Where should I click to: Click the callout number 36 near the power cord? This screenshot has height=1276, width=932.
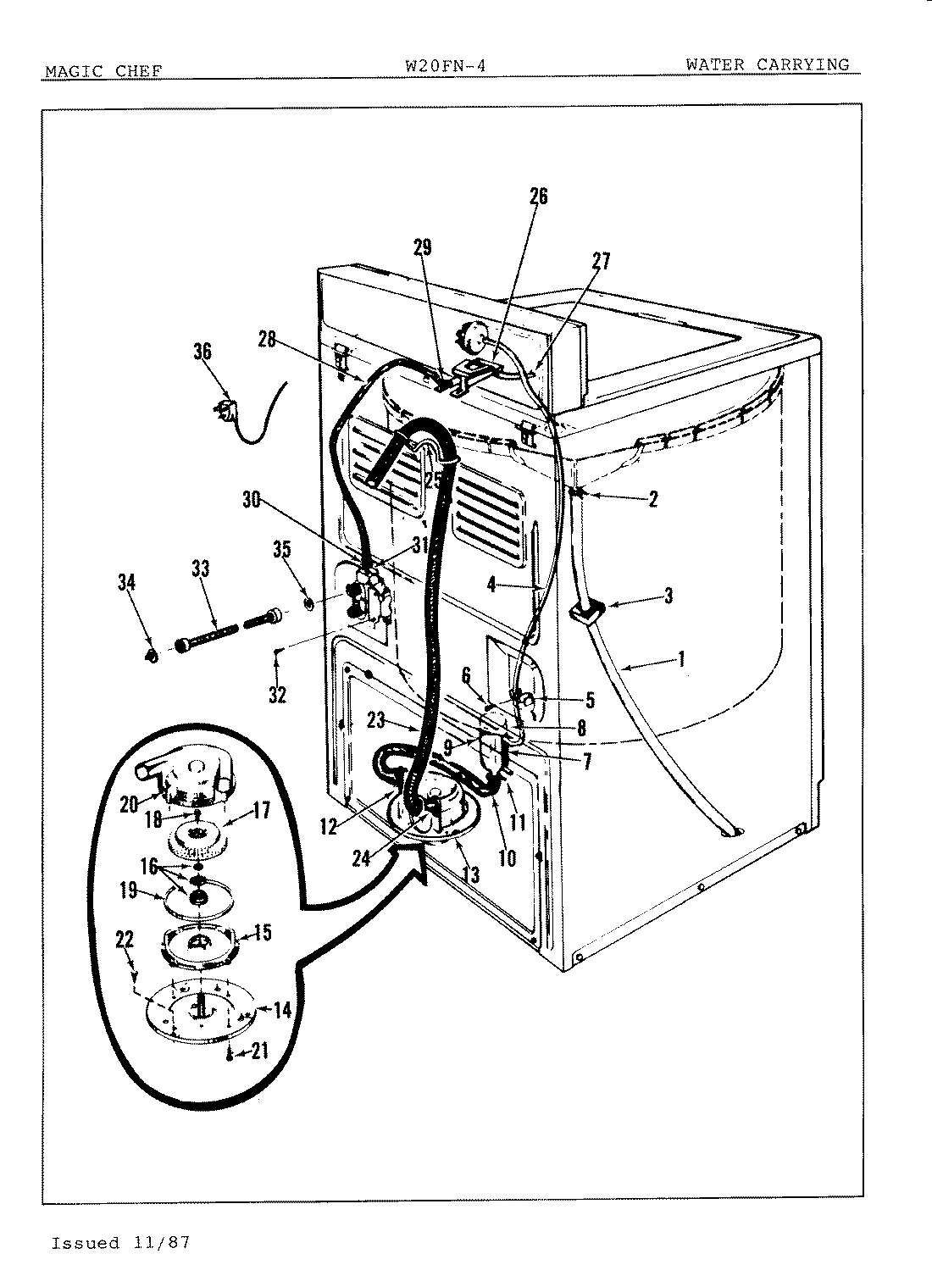(202, 352)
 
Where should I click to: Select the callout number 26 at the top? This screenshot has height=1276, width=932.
(538, 197)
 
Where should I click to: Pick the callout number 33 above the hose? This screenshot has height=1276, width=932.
(200, 569)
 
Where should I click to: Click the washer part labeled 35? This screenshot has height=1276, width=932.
(309, 604)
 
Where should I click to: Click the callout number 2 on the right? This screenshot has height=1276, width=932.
(652, 499)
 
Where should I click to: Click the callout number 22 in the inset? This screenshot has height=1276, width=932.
(125, 940)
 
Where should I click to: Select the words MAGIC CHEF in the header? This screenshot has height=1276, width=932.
(103, 71)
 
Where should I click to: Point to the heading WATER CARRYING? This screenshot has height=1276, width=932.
(767, 64)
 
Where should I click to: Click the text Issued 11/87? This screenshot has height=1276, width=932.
(120, 1243)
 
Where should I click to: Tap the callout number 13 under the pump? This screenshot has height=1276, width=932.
(470, 873)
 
